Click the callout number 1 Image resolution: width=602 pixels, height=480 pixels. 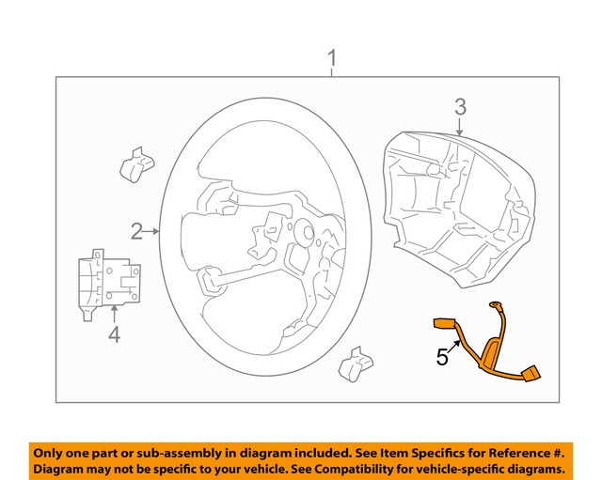pyautogui.click(x=331, y=62)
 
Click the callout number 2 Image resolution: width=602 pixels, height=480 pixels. pyautogui.click(x=137, y=230)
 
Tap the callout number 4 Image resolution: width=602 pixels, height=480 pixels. pyautogui.click(x=114, y=333)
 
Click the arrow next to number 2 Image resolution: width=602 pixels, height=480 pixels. pyautogui.click(x=154, y=230)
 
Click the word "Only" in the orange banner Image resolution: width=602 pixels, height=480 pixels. pyautogui.click(x=54, y=451)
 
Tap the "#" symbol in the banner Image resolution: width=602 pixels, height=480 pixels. pyautogui.click(x=562, y=451)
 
